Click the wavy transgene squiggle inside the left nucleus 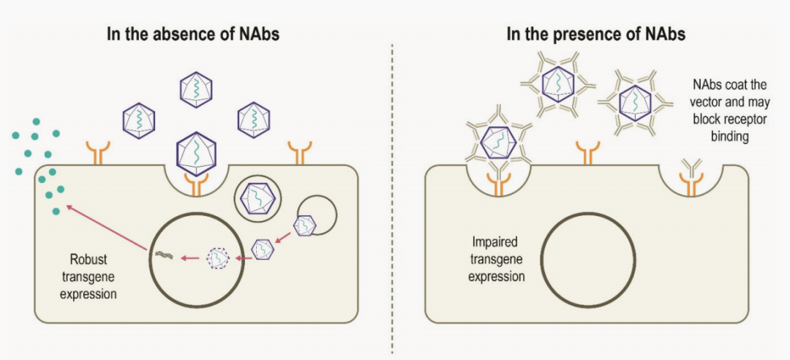coord(162,255)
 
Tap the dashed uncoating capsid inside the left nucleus coord(218,258)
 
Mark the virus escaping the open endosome coord(305,225)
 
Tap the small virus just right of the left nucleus coord(262,250)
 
